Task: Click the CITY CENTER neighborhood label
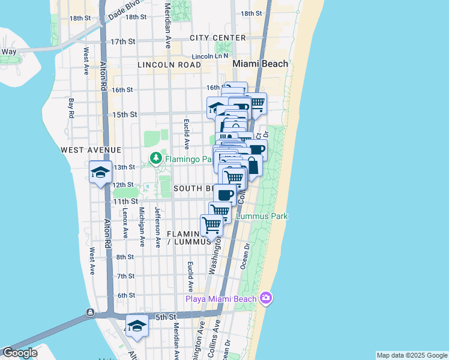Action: point(217,38)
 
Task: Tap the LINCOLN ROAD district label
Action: point(169,65)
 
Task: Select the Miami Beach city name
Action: point(261,64)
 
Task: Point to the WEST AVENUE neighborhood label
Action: point(91,149)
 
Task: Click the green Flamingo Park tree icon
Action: point(156,160)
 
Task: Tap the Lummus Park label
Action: point(262,216)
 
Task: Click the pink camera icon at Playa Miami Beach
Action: point(266,298)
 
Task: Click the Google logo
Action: point(19,353)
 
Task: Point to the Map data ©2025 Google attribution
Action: point(411,355)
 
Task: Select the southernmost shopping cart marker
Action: point(211,226)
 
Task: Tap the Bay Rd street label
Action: point(71,108)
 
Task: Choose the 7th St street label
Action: point(126,276)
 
